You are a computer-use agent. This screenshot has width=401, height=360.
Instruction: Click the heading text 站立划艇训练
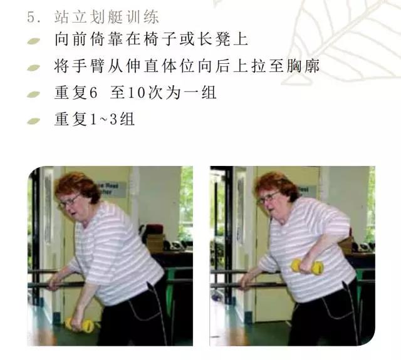pos(107,17)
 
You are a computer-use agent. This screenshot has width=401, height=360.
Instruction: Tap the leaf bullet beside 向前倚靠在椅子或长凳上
pos(33,41)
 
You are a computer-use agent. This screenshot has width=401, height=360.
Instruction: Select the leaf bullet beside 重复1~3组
pos(33,121)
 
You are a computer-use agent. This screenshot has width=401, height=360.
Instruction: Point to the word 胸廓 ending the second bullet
pos(303,66)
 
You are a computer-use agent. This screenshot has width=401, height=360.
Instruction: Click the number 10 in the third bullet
pos(137,93)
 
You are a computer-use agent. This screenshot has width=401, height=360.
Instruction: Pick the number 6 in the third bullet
pos(93,93)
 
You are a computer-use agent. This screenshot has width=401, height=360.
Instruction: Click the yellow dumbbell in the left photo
pos(80,325)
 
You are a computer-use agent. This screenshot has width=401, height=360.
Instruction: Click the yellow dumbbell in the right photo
pos(307,267)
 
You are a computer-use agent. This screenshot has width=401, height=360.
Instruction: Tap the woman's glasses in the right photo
pos(268,198)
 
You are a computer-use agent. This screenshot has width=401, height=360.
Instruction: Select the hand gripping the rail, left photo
pos(55,282)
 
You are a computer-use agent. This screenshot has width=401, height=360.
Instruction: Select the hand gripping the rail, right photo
pos(246,281)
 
